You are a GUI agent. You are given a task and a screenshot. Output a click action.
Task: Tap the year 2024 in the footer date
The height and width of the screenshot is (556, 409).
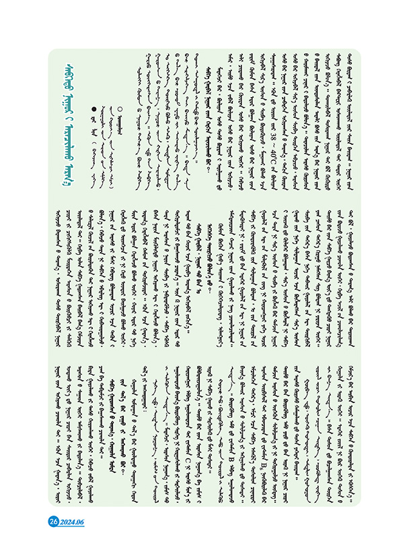tap(67, 521)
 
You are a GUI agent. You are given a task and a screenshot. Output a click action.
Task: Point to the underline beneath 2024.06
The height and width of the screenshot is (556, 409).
tap(71, 527)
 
